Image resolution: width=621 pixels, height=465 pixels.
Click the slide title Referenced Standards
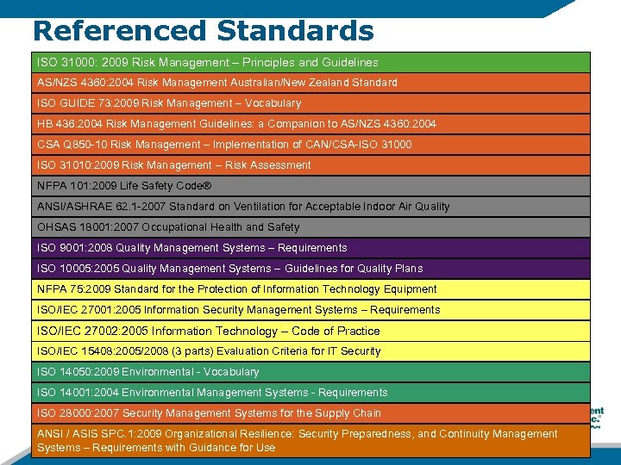tap(204, 30)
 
